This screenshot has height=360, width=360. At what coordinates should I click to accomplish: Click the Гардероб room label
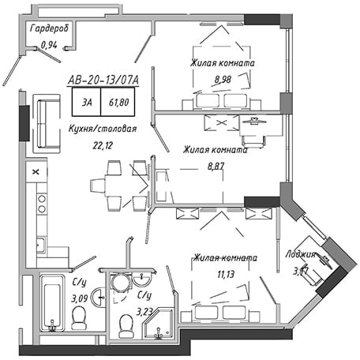pos(49,28)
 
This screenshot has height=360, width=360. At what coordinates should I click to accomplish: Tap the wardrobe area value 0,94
pos(49,45)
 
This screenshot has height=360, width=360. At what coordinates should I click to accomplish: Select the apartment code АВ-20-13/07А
pos(103,81)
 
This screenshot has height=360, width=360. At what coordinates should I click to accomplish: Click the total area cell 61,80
pos(118,102)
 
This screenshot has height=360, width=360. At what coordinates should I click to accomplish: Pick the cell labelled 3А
pos(87,102)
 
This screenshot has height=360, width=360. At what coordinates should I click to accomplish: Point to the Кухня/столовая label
pos(103,129)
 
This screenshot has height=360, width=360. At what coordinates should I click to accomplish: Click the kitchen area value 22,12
pos(103,145)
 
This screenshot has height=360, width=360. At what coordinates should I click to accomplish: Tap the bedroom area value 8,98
pos(223,79)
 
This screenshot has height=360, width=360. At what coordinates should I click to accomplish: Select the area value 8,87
pos(216,166)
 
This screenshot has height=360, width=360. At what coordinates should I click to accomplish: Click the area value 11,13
pos(226,275)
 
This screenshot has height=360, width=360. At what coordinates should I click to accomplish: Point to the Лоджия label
pos(300,254)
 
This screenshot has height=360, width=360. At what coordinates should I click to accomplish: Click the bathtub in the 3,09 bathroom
pos(52,303)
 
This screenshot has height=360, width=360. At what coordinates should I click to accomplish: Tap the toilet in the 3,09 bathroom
pos(79,318)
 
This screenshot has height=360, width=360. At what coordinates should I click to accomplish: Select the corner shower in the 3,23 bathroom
pos(159,324)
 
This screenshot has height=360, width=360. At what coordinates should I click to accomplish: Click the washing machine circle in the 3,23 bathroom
pos(121,283)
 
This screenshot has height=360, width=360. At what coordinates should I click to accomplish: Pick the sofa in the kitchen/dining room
pos(47,124)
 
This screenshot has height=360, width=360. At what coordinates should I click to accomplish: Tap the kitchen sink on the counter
pos(41,245)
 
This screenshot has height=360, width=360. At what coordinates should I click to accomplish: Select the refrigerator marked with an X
pos(36,171)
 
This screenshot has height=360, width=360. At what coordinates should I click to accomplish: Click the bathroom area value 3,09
pos(80,298)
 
